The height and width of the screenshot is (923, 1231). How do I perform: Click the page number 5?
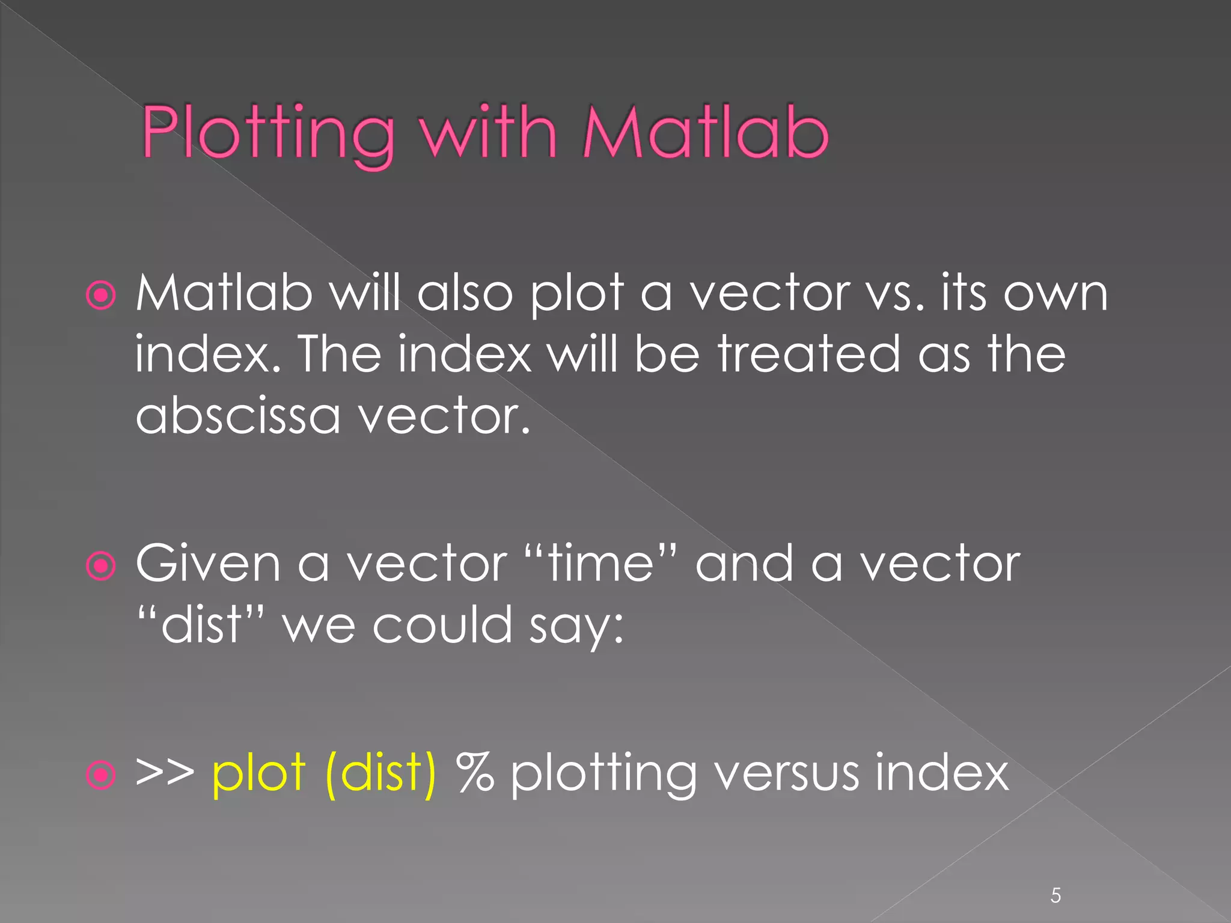pyautogui.click(x=1055, y=896)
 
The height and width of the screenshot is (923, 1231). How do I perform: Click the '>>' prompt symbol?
pyautogui.click(x=165, y=772)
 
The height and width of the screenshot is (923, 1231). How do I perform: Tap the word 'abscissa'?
pyautogui.click(x=238, y=416)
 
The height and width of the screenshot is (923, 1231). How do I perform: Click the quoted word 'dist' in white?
pyautogui.click(x=201, y=625)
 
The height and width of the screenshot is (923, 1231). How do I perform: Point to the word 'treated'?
pyautogui.click(x=808, y=355)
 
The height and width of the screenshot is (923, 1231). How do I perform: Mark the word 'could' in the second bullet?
pyautogui.click(x=442, y=625)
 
